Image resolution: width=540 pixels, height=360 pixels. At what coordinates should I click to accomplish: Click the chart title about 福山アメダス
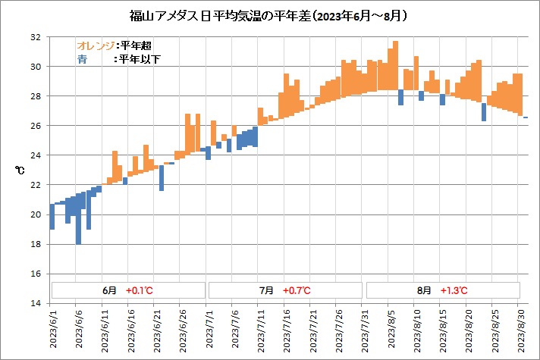(x=269, y=14)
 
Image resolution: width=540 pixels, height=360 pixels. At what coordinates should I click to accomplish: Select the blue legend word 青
(x=81, y=58)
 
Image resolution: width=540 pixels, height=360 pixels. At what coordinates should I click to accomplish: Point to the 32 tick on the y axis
(x=36, y=37)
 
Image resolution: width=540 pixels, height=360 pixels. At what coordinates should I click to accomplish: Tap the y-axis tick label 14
(x=36, y=303)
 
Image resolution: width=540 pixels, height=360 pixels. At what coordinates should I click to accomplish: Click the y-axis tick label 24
(x=36, y=155)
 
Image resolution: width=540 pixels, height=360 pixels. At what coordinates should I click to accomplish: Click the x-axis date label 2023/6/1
(x=52, y=330)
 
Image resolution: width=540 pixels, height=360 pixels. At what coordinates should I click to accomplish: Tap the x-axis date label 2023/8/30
(x=520, y=330)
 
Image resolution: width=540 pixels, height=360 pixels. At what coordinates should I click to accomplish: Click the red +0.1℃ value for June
(x=140, y=290)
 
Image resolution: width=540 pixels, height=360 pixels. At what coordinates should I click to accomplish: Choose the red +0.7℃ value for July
(x=297, y=290)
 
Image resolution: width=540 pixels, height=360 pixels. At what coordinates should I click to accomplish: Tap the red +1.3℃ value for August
(x=454, y=290)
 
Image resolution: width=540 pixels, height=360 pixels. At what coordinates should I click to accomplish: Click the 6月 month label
(x=110, y=290)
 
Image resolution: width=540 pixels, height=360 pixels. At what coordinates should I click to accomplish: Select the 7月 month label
(x=266, y=290)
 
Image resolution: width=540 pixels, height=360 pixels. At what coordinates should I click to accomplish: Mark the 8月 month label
(x=424, y=290)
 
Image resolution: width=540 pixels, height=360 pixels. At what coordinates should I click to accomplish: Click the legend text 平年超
(x=135, y=45)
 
